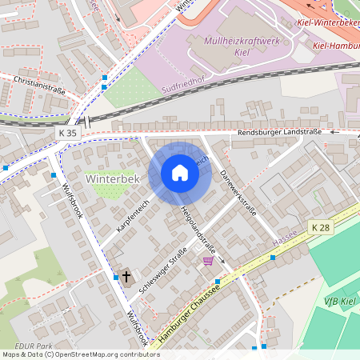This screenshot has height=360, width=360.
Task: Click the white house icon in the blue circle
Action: [180, 173]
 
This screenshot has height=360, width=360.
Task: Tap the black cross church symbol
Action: [126, 277]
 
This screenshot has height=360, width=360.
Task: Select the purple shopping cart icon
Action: [208, 260]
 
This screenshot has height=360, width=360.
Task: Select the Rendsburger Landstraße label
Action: [278, 131]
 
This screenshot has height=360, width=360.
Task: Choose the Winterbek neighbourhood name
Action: [113, 179]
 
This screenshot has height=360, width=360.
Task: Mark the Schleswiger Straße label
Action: [163, 272]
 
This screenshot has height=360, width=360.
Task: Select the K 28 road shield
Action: [321, 228]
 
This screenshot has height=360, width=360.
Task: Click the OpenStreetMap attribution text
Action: [80, 354]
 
